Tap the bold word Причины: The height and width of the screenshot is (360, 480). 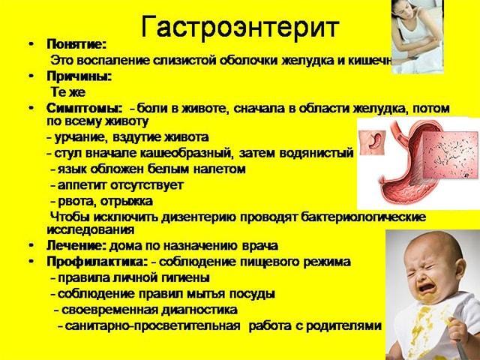point(79,76)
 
